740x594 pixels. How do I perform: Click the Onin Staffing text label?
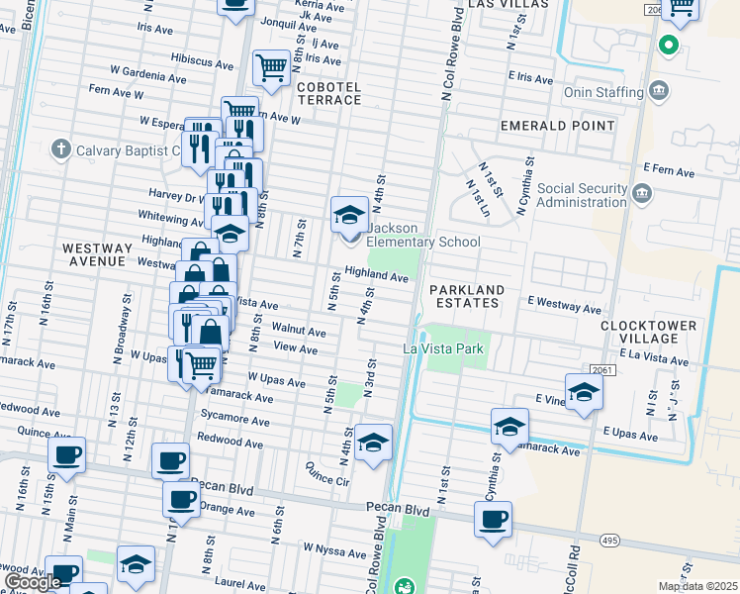[603, 92]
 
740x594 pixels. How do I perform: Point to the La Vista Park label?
[442, 348]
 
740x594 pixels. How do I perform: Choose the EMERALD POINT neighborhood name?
[557, 126]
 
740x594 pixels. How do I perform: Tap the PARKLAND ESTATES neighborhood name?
[467, 297]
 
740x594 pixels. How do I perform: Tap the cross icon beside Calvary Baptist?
[60, 150]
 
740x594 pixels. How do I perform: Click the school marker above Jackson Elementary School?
[348, 213]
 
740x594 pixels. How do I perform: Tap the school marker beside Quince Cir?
[374, 442]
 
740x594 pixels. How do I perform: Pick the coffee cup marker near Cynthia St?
[492, 518]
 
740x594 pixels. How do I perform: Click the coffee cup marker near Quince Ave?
[66, 455]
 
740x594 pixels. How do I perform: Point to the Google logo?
[33, 582]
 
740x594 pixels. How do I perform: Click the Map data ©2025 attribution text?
[696, 586]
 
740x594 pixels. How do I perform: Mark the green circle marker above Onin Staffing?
[668, 45]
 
